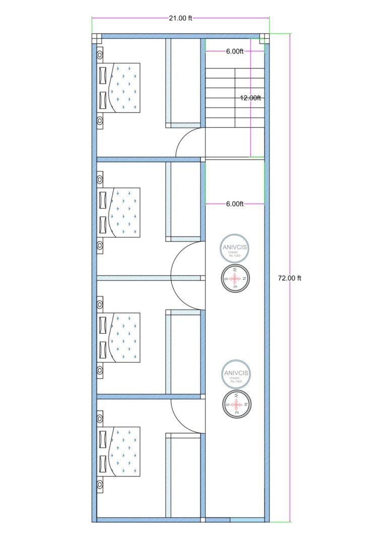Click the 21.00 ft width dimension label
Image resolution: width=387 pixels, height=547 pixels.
coord(180,19)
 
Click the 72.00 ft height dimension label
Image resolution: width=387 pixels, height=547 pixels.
coord(289,278)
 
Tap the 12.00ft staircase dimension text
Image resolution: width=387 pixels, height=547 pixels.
coord(250,98)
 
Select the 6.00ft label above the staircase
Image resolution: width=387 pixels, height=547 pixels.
coord(235,51)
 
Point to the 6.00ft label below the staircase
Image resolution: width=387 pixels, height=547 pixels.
coord(235,204)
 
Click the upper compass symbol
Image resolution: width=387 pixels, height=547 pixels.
coord(235,277)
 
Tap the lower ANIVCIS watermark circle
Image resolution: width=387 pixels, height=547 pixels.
coord(236,375)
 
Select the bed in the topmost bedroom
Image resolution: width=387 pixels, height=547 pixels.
coord(121,88)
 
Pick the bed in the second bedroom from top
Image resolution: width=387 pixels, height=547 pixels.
coord(121,212)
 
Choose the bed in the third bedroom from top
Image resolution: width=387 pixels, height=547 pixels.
coord(121,337)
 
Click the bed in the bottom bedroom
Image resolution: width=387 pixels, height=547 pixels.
coord(121,451)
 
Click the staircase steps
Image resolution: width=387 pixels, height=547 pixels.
coord(235,98)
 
